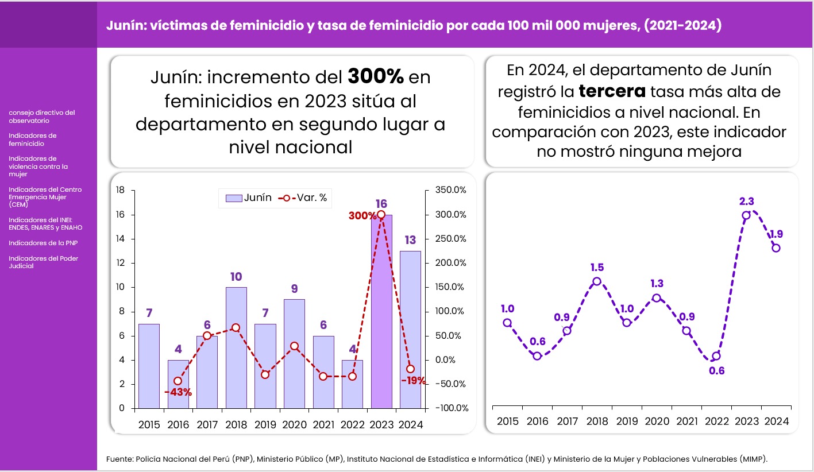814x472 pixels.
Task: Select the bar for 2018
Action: [236, 347]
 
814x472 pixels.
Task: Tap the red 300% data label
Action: [361, 216]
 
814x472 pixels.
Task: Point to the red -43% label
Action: [178, 392]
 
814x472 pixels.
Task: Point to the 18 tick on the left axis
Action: [121, 190]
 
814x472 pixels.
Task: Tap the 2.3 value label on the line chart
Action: [747, 201]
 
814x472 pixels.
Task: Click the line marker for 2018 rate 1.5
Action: [597, 281]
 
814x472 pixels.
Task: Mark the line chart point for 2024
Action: [776, 248]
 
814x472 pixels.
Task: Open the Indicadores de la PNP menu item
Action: [43, 243]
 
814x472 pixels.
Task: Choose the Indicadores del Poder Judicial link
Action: [43, 262]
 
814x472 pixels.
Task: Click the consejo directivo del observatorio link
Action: [41, 117]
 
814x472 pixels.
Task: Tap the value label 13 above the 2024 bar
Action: [410, 239]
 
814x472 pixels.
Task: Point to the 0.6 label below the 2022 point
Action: [716, 370]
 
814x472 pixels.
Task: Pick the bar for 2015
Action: [149, 366]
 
